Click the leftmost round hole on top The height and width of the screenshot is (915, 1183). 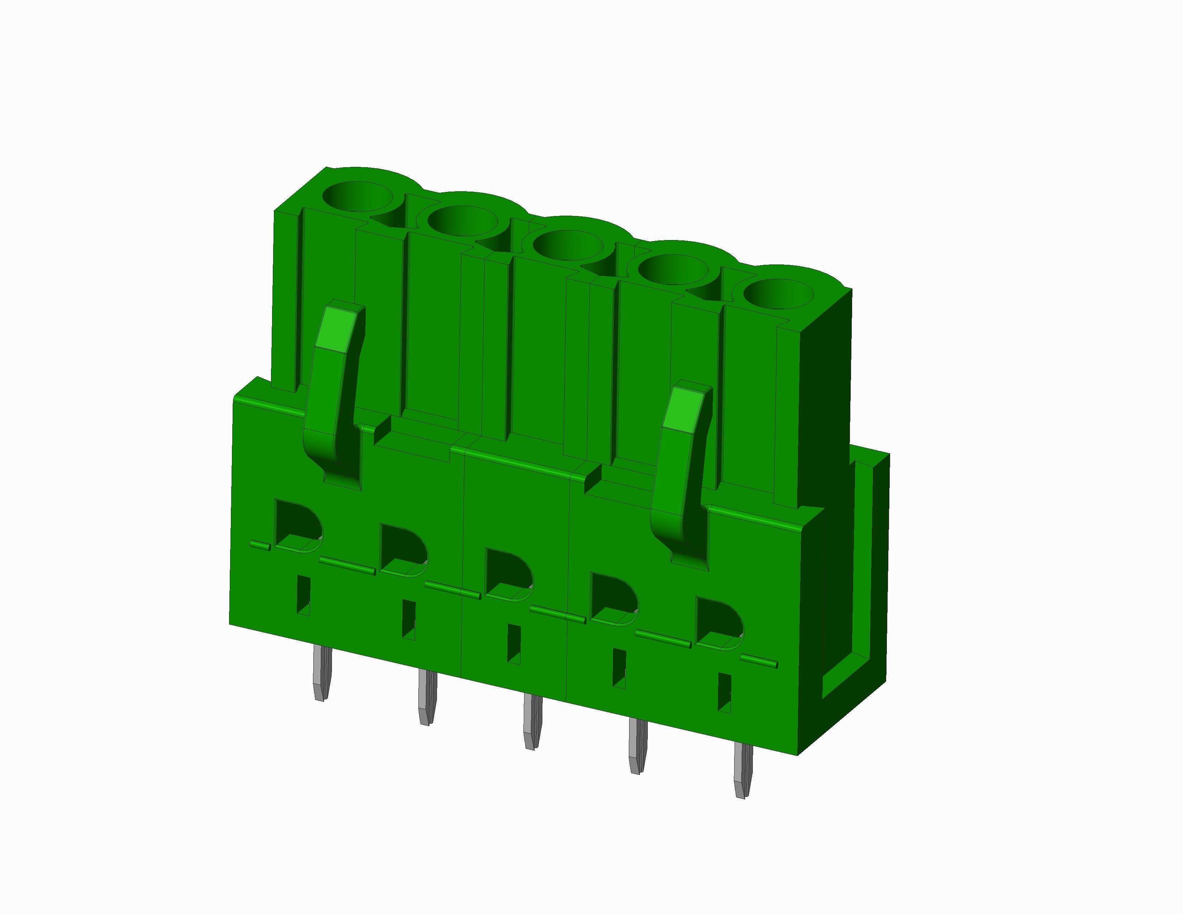tap(357, 196)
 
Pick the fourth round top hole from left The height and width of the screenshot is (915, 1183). tap(673, 269)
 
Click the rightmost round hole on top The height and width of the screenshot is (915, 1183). tap(778, 294)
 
